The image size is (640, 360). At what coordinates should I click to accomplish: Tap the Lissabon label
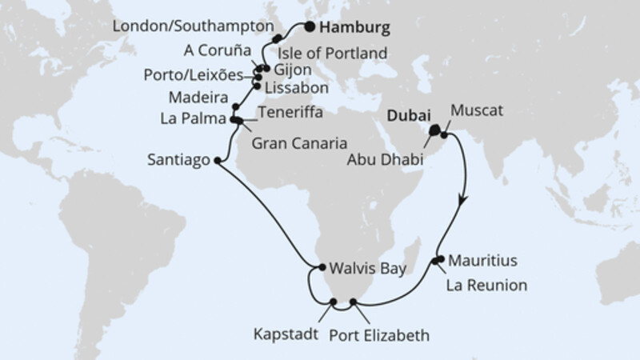pyautogui.click(x=290, y=85)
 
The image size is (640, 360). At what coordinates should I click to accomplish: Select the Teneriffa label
pyautogui.click(x=290, y=114)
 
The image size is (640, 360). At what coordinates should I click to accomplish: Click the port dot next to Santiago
pyautogui.click(x=218, y=160)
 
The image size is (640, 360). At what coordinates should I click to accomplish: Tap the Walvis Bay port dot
pyautogui.click(x=319, y=268)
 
